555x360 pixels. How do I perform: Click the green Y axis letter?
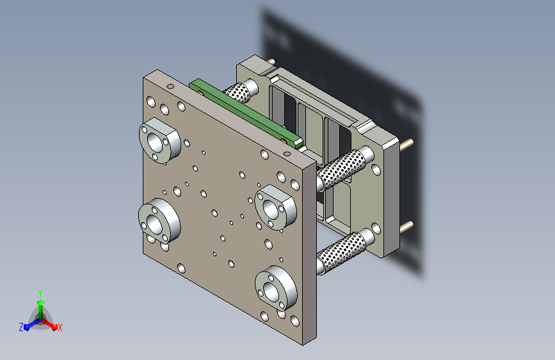(x=40, y=293)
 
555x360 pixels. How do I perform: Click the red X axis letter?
(x=60, y=328)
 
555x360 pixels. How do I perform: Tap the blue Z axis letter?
(x=21, y=327)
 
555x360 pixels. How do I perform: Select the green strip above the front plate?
(x=246, y=113)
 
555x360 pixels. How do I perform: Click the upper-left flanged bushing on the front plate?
(x=159, y=140)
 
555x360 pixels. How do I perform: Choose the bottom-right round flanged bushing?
(x=276, y=288)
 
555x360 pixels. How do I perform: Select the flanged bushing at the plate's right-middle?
(x=276, y=208)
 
